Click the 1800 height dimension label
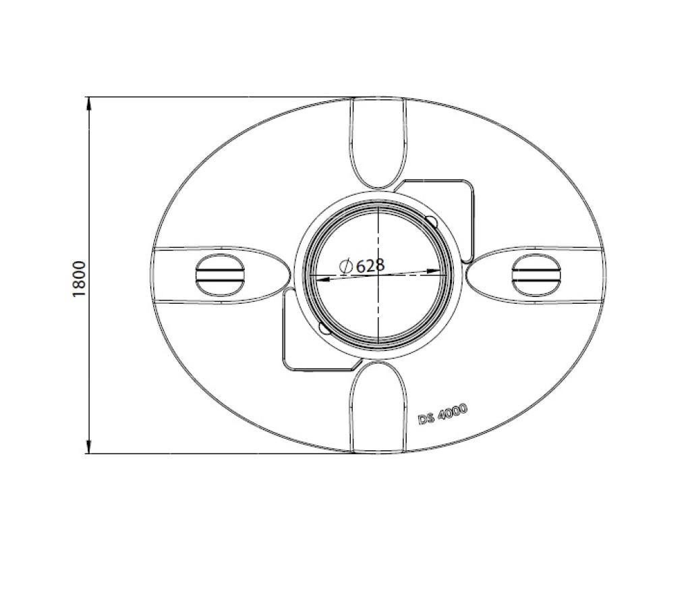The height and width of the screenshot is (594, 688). (80, 279)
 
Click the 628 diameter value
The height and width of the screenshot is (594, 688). (370, 265)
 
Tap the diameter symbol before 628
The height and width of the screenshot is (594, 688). (346, 267)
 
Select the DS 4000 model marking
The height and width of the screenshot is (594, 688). (442, 414)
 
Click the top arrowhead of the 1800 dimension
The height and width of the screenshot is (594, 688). (88, 103)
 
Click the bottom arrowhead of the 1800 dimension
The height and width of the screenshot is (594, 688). (88, 446)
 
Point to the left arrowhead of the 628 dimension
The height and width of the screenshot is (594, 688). (318, 278)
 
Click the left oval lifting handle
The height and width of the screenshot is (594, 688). (220, 275)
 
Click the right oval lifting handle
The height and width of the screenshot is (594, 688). (536, 275)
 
